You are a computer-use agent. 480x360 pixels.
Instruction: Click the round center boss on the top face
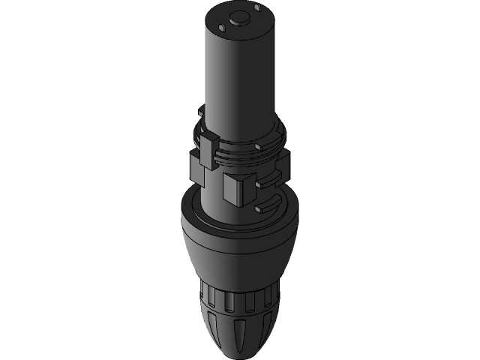240,16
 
